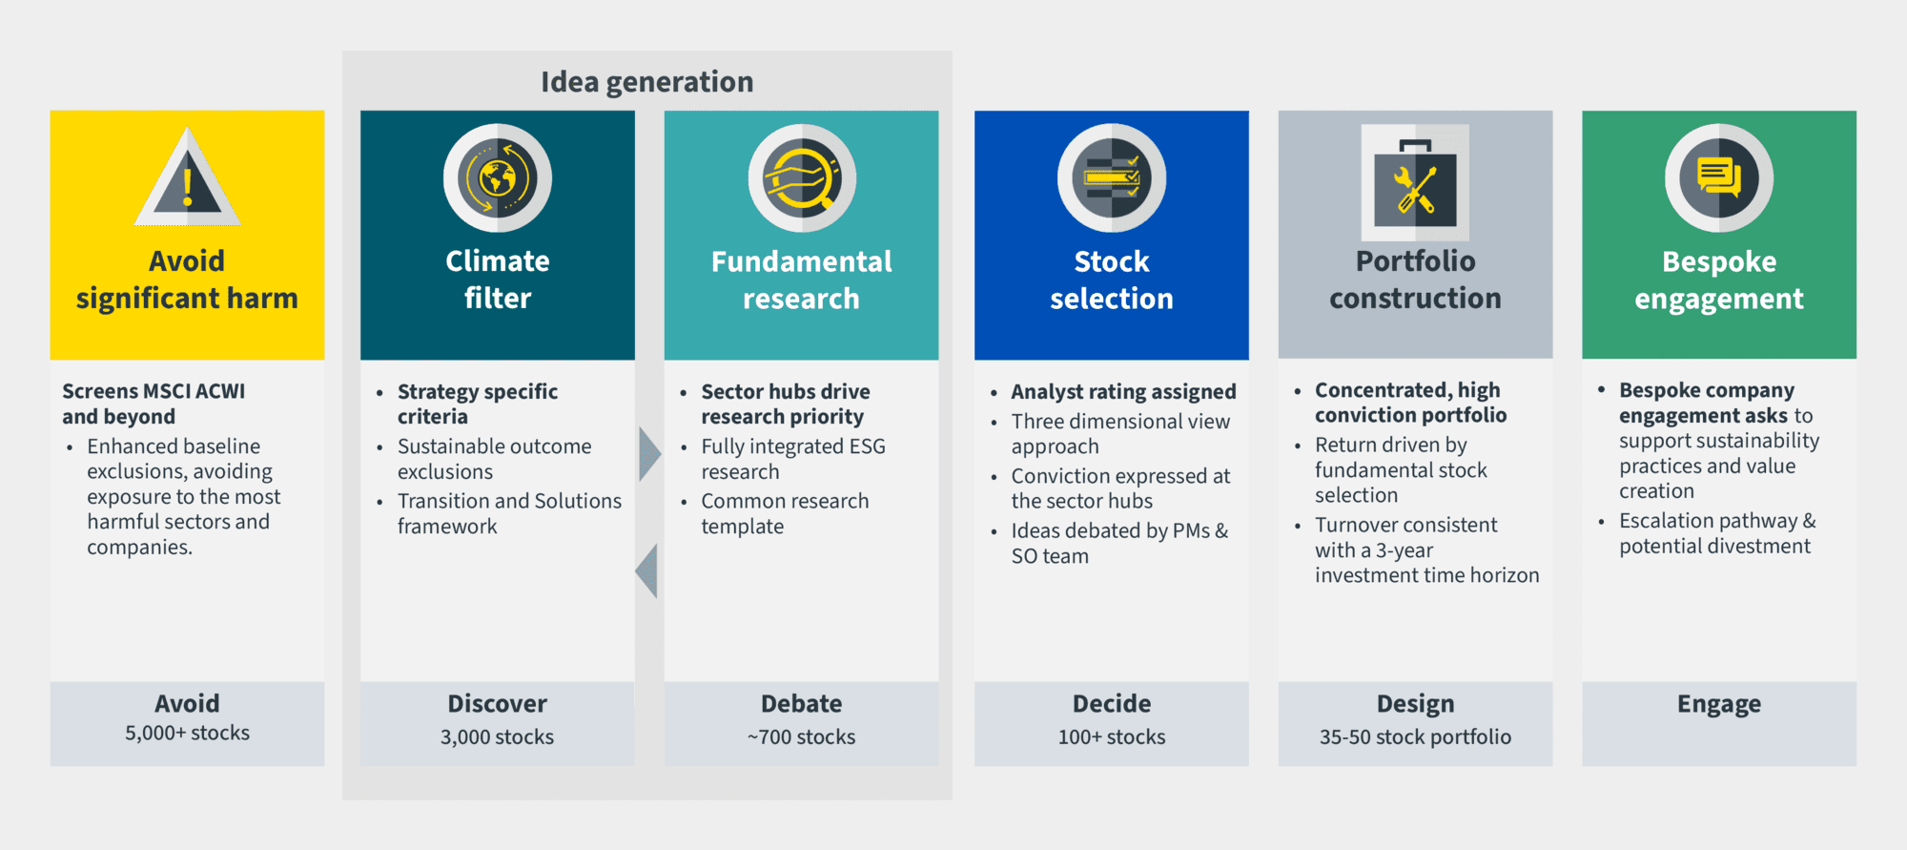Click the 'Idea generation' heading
pyautogui.click(x=647, y=83)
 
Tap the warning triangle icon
pyautogui.click(x=188, y=177)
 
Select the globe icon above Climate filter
pyautogui.click(x=498, y=178)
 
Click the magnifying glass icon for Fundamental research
pyautogui.click(x=802, y=178)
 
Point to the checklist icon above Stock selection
pyautogui.click(x=1112, y=178)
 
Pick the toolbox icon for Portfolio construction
pyautogui.click(x=1415, y=182)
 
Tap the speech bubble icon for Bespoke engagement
pyautogui.click(x=1719, y=178)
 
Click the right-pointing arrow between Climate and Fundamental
pyautogui.click(x=650, y=454)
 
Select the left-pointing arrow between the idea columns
pyautogui.click(x=646, y=570)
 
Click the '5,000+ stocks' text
pyautogui.click(x=188, y=733)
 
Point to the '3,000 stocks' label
pyautogui.click(x=498, y=736)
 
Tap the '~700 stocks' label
pyautogui.click(x=802, y=736)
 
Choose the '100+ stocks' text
pyautogui.click(x=1112, y=736)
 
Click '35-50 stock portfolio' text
pyautogui.click(x=1416, y=736)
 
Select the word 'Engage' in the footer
pyautogui.click(x=1719, y=704)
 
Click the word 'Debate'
pyautogui.click(x=802, y=704)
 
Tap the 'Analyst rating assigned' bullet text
pyautogui.click(x=1124, y=392)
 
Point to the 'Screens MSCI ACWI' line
pyautogui.click(x=154, y=391)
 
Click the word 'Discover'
pyautogui.click(x=498, y=704)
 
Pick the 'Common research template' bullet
pyautogui.click(x=786, y=513)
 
